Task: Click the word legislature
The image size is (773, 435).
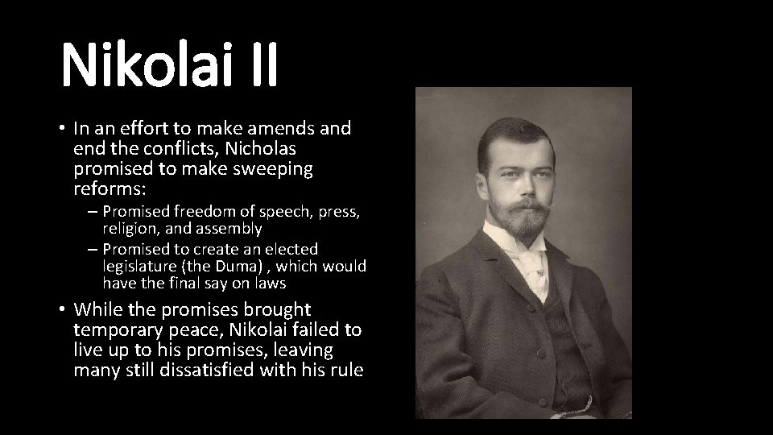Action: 138,266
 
